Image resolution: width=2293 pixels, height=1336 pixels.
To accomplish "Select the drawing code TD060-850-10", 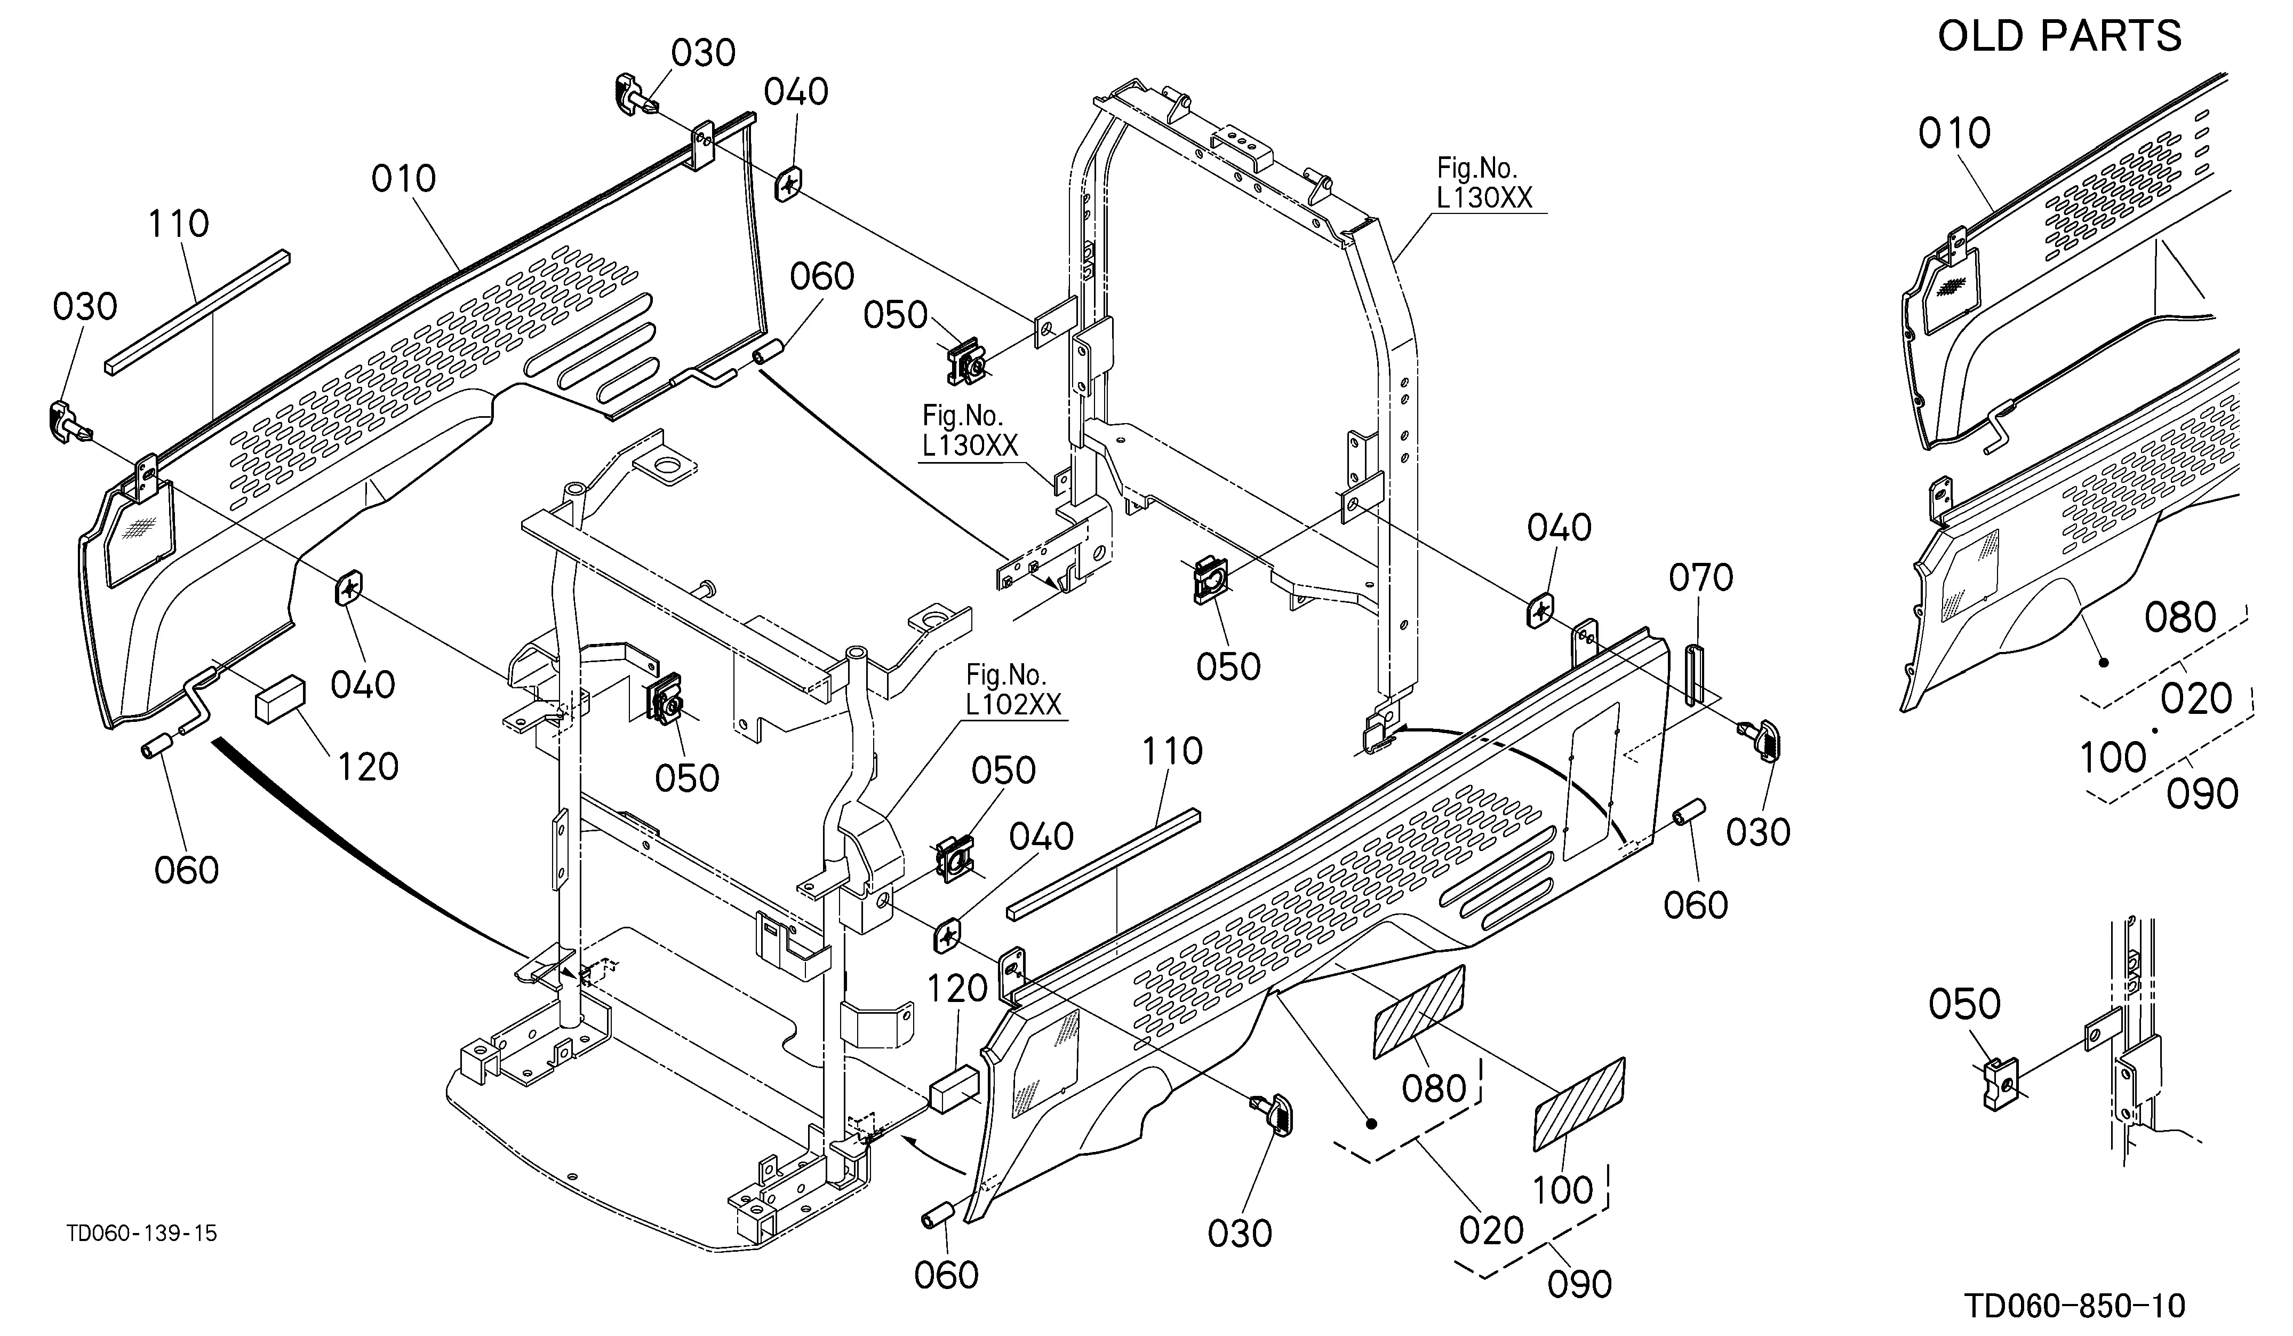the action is [x=2075, y=1306].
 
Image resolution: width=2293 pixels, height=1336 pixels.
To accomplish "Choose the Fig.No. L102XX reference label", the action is [x=1013, y=689].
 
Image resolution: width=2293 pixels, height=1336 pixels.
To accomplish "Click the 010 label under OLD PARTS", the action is [x=1954, y=134].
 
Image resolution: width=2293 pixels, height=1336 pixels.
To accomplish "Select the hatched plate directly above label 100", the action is [x=1580, y=1104].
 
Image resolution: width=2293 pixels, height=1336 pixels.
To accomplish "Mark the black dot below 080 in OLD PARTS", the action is [x=2104, y=663].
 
